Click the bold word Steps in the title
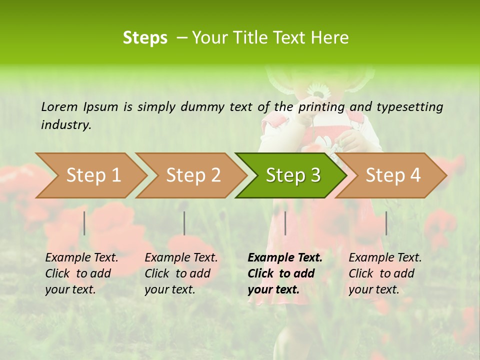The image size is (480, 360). [x=145, y=38]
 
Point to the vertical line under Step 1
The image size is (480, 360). [x=84, y=223]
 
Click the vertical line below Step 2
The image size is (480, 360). [x=184, y=223]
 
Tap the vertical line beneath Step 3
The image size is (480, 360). [x=285, y=223]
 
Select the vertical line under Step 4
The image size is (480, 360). [x=386, y=223]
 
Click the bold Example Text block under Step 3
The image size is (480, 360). [x=284, y=273]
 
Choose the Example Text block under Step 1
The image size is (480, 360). [x=81, y=273]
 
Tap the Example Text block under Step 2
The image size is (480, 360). [x=181, y=273]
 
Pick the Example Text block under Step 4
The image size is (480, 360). [x=385, y=273]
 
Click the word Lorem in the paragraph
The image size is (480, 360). [x=59, y=106]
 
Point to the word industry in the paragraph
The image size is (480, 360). [x=66, y=124]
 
